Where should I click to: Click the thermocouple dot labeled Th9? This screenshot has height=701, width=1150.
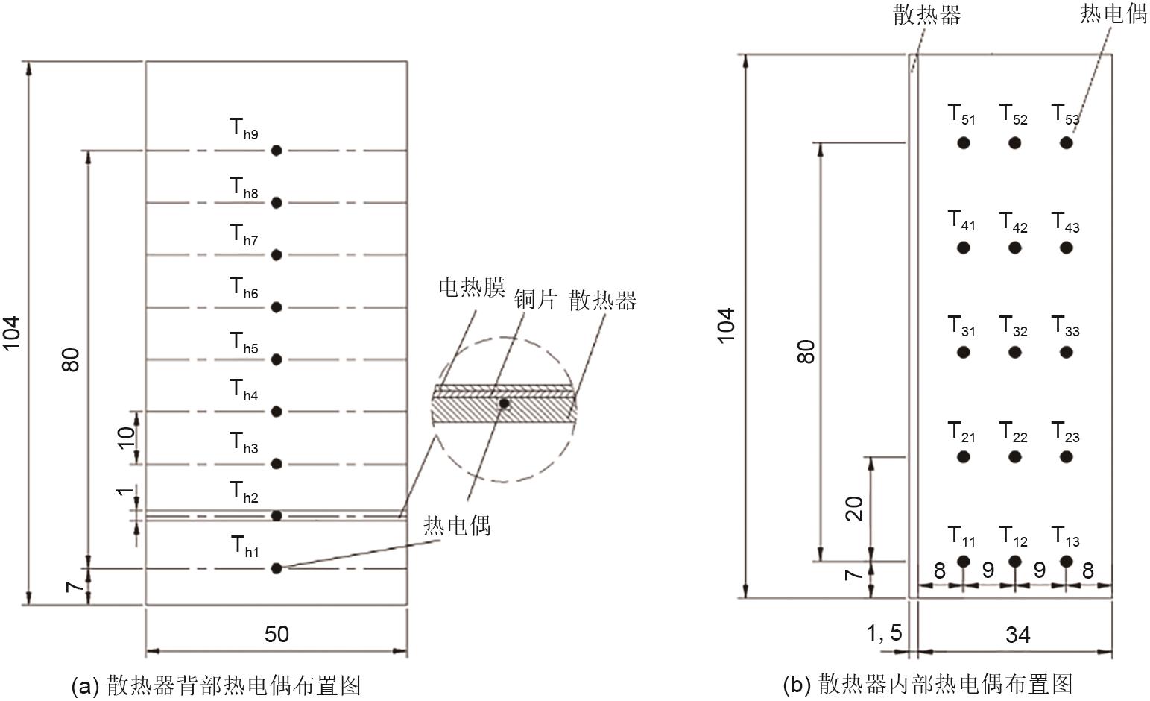pyautogui.click(x=277, y=151)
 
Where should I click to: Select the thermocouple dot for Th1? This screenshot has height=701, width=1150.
pyautogui.click(x=277, y=568)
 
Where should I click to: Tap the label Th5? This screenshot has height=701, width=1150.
pyautogui.click(x=244, y=343)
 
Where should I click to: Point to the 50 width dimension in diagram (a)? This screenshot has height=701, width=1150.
pyautogui.click(x=277, y=634)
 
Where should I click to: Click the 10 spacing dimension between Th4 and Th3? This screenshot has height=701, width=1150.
pyautogui.click(x=126, y=438)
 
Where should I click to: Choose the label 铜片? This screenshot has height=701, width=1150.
pyautogui.click(x=535, y=299)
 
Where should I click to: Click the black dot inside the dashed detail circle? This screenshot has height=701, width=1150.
pyautogui.click(x=504, y=403)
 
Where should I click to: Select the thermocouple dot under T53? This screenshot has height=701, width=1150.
pyautogui.click(x=1067, y=142)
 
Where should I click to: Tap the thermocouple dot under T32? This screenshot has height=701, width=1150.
pyautogui.click(x=1015, y=352)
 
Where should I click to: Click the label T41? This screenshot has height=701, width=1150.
pyautogui.click(x=961, y=220)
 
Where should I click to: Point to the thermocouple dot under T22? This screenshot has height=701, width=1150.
pyautogui.click(x=1015, y=456)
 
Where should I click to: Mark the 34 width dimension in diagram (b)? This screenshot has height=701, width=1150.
pyautogui.click(x=1017, y=635)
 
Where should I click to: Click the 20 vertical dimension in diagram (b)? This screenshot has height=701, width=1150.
pyautogui.click(x=854, y=509)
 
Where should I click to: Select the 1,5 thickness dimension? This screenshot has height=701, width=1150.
pyautogui.click(x=884, y=633)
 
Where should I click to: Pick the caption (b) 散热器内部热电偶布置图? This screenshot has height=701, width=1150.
pyautogui.click(x=928, y=685)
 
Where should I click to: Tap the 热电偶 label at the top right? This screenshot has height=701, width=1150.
pyautogui.click(x=1113, y=13)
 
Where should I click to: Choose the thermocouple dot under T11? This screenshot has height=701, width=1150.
pyautogui.click(x=964, y=561)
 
